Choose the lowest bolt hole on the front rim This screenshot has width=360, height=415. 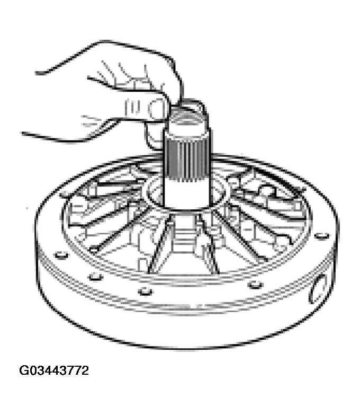click(144, 291)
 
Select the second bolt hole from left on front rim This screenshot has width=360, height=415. click(95, 276)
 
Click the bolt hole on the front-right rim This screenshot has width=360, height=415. click(256, 285)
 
